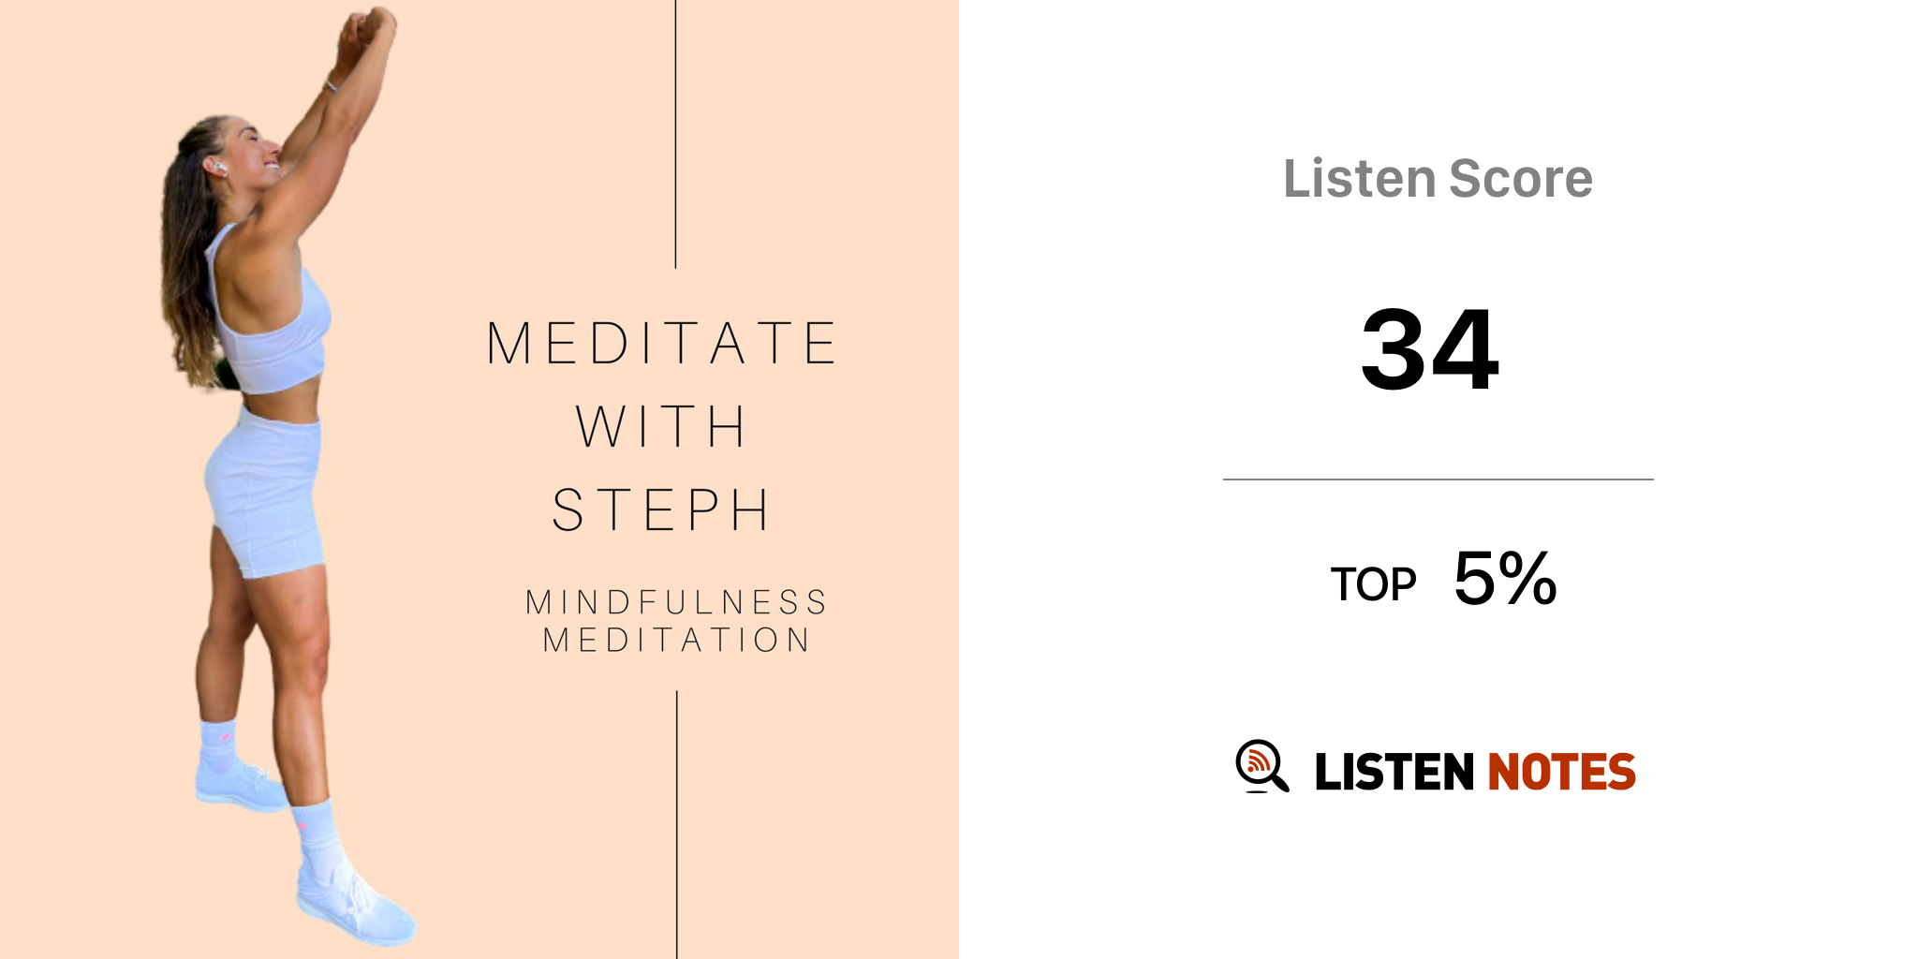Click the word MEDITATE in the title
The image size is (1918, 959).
click(661, 343)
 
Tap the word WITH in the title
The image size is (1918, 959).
click(661, 426)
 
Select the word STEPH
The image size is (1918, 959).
click(661, 510)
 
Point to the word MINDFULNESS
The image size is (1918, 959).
click(676, 601)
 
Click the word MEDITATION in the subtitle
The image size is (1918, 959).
click(676, 640)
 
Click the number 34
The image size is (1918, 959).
click(1430, 349)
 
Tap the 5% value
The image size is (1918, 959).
click(1505, 578)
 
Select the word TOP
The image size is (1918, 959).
click(1373, 584)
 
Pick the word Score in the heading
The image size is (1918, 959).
click(1521, 178)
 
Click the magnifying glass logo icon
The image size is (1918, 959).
click(1261, 767)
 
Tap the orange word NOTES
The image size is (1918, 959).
click(1561, 772)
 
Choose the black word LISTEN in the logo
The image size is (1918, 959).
click(1394, 772)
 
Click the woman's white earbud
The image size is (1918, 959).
click(219, 169)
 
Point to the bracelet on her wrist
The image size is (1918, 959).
click(331, 87)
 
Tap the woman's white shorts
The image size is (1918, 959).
click(265, 492)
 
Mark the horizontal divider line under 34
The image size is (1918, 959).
click(1438, 479)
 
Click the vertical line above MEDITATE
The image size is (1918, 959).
click(675, 134)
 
